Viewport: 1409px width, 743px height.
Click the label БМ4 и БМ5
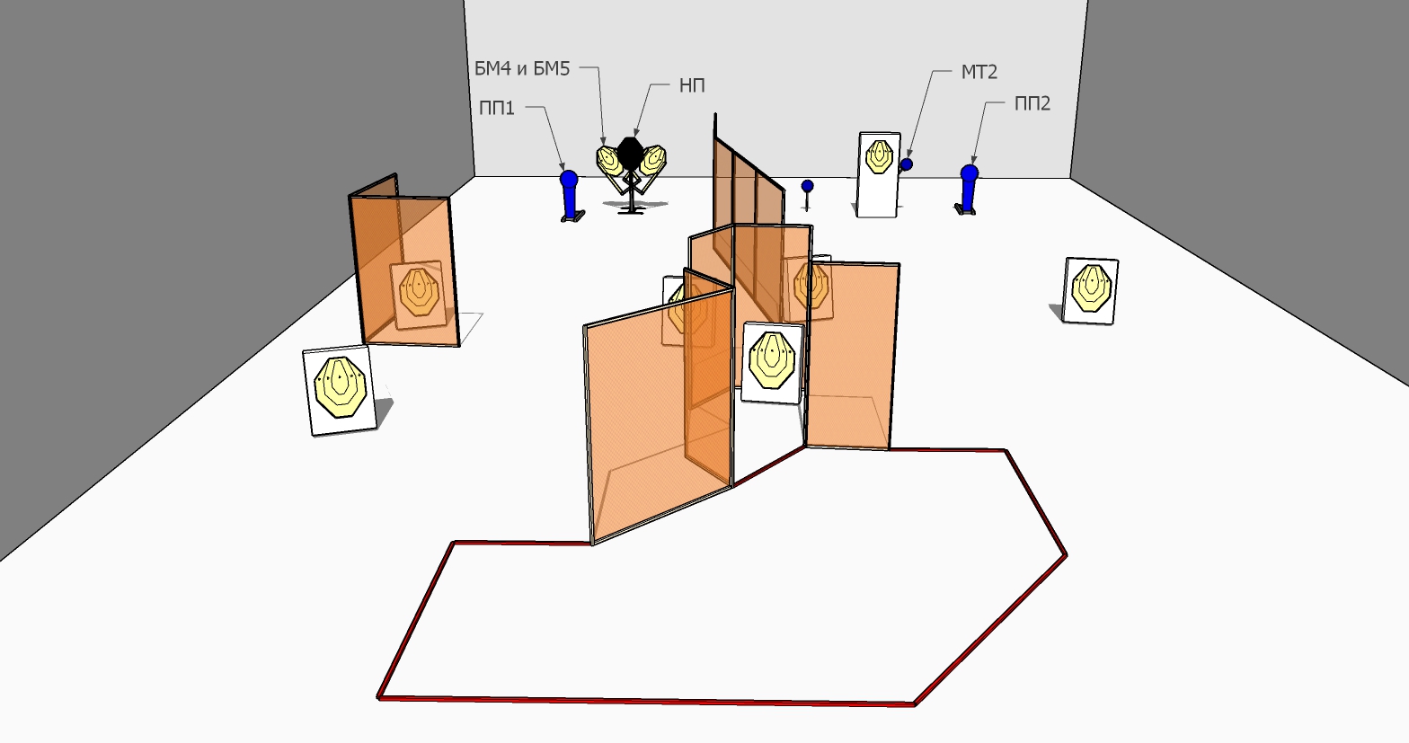coord(522,68)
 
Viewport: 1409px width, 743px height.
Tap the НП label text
coord(692,85)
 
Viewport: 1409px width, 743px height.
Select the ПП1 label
coord(497,108)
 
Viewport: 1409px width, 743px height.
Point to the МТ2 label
coord(979,73)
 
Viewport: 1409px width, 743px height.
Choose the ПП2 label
coord(1032,103)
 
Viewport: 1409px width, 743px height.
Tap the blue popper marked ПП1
coord(570,194)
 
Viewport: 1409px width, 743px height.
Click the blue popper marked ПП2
coord(969,189)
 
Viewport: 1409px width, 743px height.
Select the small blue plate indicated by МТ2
coord(907,164)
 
